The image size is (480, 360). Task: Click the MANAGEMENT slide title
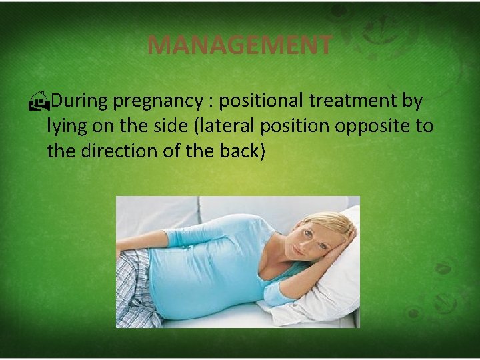(x=239, y=45)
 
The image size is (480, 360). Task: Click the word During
(x=80, y=101)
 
